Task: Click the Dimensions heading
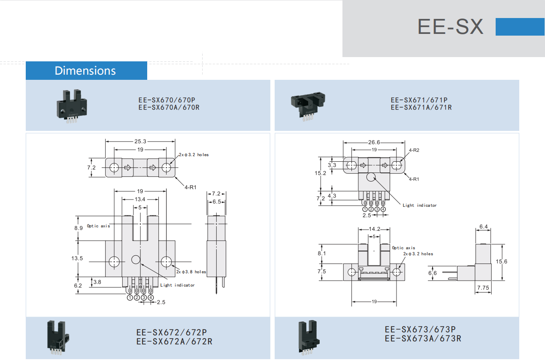pyautogui.click(x=85, y=71)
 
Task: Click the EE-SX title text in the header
pyautogui.click(x=450, y=27)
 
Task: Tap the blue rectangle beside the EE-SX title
pyautogui.click(x=520, y=27)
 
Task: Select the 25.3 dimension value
pyautogui.click(x=140, y=141)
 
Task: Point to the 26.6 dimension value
pyautogui.click(x=374, y=142)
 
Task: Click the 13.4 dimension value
pyautogui.click(x=140, y=199)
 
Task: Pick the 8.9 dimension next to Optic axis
pyautogui.click(x=78, y=228)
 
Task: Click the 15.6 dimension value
pyautogui.click(x=501, y=261)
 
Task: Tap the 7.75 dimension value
pyautogui.click(x=483, y=288)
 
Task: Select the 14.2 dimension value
pyautogui.click(x=374, y=229)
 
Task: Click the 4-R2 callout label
pyautogui.click(x=414, y=151)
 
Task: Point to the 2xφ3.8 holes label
pyautogui.click(x=191, y=272)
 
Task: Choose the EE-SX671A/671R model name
pyautogui.click(x=421, y=108)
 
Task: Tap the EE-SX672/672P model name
pyautogui.click(x=172, y=333)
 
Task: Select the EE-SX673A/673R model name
pyautogui.click(x=423, y=338)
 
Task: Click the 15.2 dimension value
pyautogui.click(x=321, y=173)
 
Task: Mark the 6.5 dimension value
pyautogui.click(x=217, y=202)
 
